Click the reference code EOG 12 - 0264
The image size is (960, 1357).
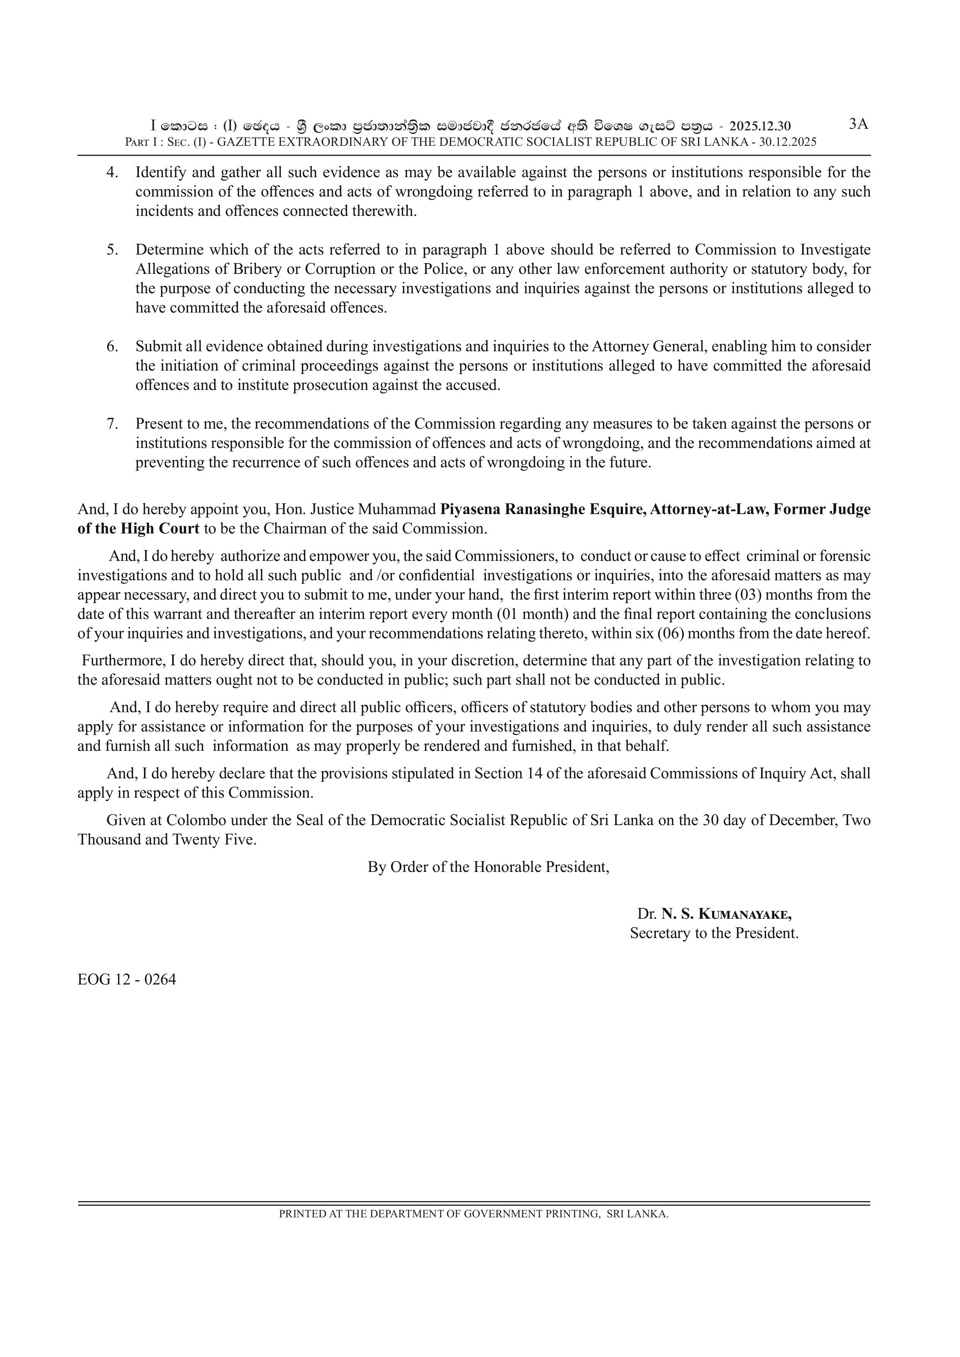(127, 979)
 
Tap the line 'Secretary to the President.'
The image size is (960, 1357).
(714, 933)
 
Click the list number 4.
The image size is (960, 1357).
(112, 173)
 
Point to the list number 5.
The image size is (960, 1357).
(112, 250)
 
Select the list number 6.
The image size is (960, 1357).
(112, 346)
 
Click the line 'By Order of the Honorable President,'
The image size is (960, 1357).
(488, 867)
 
